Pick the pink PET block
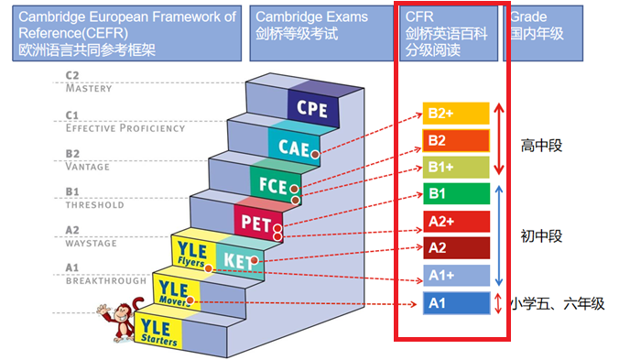tap(254, 221)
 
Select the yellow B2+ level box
tap(456, 114)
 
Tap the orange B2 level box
tap(456, 140)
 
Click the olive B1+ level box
tap(456, 167)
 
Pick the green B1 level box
tap(456, 194)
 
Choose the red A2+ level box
tap(456, 221)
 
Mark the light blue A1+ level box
tap(456, 275)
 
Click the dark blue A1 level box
tap(456, 302)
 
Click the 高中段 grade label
tap(541, 145)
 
